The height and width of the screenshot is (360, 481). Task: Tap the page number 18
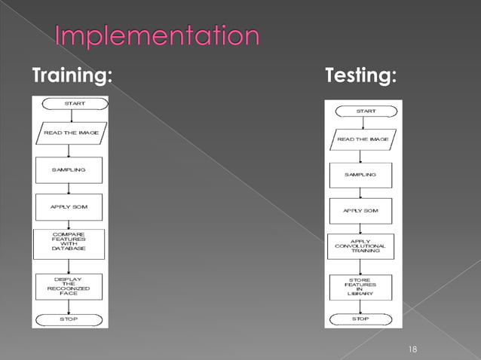(x=412, y=349)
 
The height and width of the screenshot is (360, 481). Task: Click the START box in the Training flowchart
(x=69, y=104)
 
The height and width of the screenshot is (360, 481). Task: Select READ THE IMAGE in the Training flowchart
(x=69, y=133)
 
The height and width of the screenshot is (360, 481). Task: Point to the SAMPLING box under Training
(x=69, y=169)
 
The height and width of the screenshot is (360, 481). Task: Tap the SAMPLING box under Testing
(x=360, y=175)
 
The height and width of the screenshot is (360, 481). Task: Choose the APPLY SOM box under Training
(x=69, y=206)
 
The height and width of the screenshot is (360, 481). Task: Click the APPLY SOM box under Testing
(x=360, y=210)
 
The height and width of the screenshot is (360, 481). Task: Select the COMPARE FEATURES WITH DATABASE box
(x=69, y=243)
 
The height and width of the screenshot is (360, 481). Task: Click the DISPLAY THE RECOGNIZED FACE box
(x=69, y=285)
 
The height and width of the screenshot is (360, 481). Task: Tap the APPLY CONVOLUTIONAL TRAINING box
(x=360, y=246)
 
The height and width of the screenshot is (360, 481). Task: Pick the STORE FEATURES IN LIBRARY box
(x=360, y=287)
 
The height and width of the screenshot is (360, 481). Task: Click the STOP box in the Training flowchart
(x=69, y=319)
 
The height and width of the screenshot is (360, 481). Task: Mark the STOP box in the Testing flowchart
(x=360, y=319)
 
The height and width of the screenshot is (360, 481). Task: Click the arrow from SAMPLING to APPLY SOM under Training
(x=69, y=188)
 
